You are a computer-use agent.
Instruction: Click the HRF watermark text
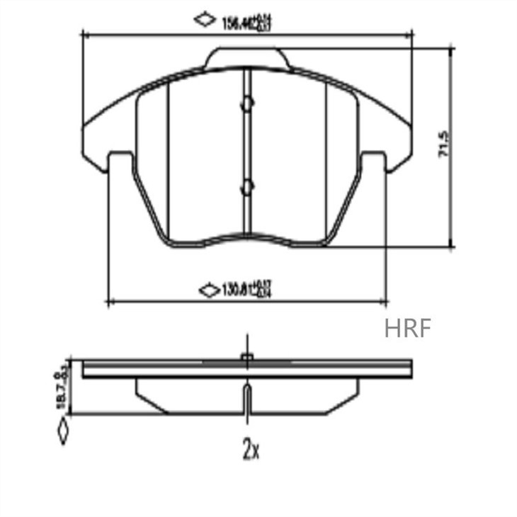[407, 329]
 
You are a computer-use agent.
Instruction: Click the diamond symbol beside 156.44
[205, 20]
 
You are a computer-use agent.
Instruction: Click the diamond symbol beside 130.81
[209, 290]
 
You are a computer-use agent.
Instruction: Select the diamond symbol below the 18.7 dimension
[64, 431]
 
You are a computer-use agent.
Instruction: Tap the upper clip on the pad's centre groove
[246, 103]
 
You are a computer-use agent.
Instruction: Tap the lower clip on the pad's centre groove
[246, 188]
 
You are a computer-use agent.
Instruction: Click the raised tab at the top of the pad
[247, 58]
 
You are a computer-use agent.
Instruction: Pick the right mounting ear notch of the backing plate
[374, 161]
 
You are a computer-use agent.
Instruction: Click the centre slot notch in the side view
[246, 400]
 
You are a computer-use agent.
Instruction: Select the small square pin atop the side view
[246, 358]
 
